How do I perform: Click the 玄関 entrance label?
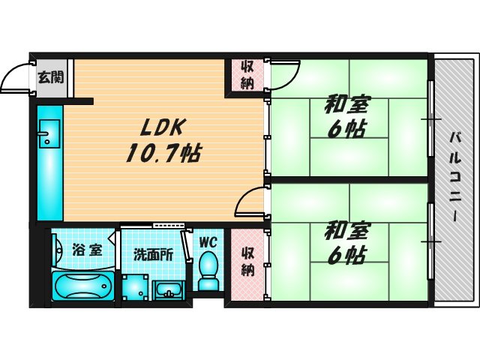coord(50,76)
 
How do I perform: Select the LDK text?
coord(155,127)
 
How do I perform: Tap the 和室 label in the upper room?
coord(346,105)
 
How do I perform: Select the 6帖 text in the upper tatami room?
coord(346,129)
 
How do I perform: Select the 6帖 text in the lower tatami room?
coord(346,256)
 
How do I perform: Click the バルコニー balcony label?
coord(454,176)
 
